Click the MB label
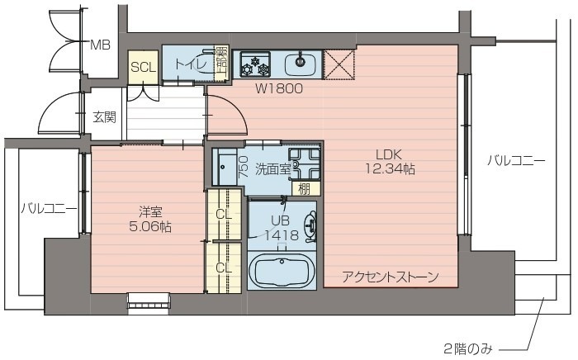[100, 45]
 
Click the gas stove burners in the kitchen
[255, 64]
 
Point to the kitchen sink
[301, 63]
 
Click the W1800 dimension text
[278, 88]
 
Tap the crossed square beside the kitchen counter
[337, 64]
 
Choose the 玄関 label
[104, 116]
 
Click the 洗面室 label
[272, 168]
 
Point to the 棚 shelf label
[305, 188]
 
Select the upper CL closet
[224, 215]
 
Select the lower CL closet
[224, 267]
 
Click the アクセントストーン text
[390, 277]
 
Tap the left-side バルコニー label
[48, 209]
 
